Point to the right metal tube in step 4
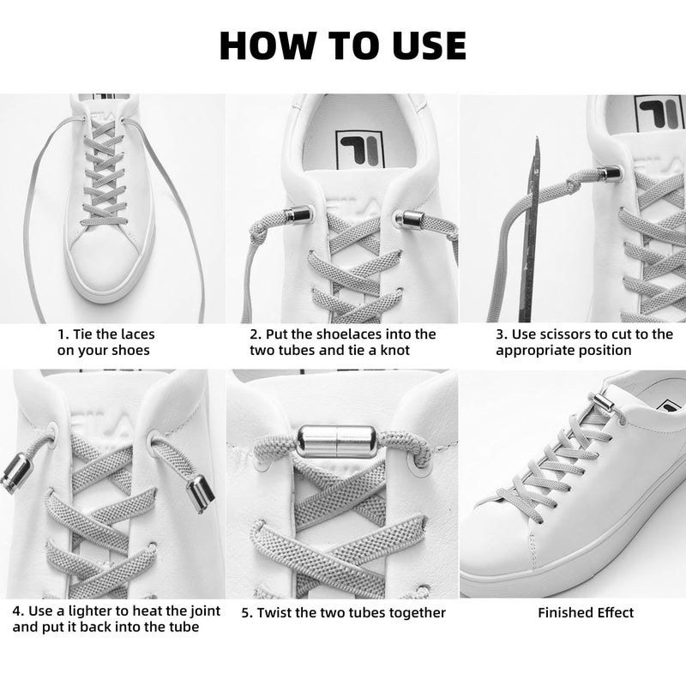pyautogui.click(x=198, y=495)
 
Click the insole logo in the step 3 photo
pyautogui.click(x=659, y=112)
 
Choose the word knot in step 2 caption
pyautogui.click(x=393, y=350)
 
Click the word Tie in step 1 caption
pyautogui.click(x=83, y=334)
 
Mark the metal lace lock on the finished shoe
pyautogui.click(x=605, y=401)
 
